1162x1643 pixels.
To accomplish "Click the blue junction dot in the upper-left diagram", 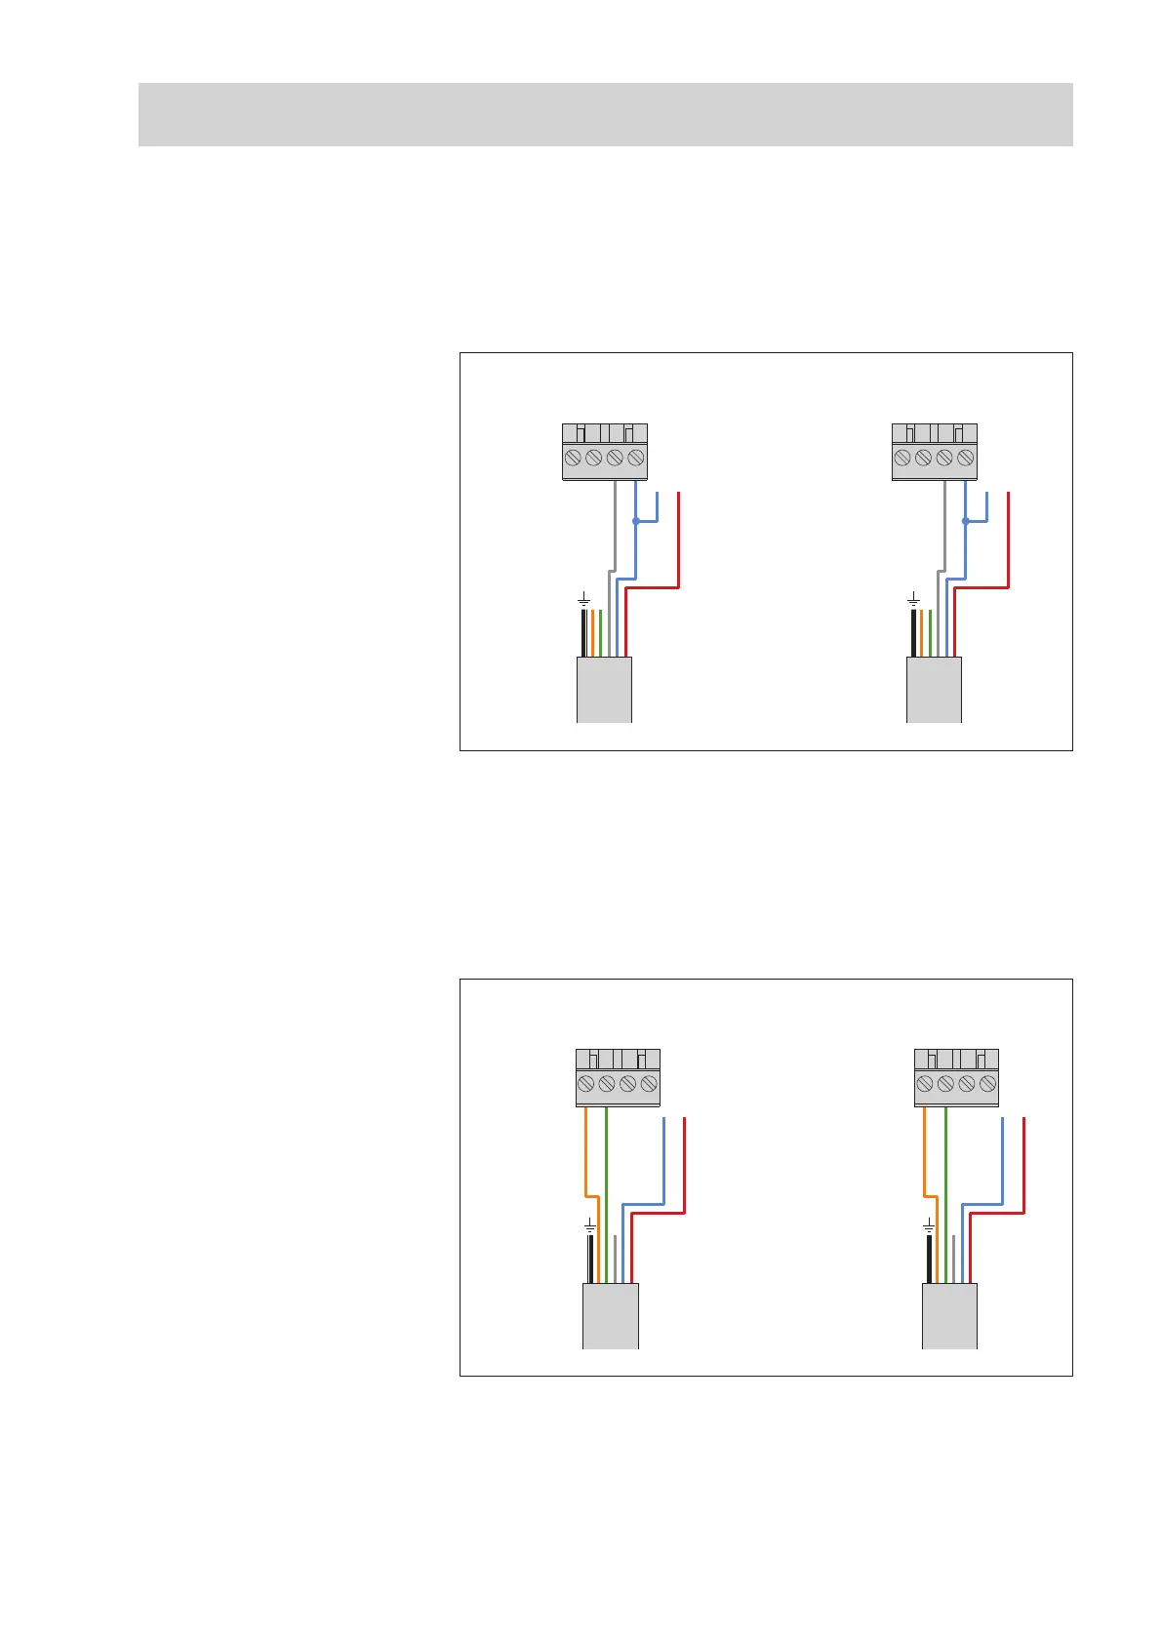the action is (635, 521).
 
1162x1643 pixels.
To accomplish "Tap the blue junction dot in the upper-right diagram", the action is (965, 521).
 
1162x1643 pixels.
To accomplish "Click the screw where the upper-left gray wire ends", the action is (615, 458).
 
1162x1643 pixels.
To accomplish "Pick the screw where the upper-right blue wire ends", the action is (966, 458).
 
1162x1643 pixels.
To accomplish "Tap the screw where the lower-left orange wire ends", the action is (585, 1084).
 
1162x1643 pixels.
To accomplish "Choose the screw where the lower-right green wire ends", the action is (945, 1084).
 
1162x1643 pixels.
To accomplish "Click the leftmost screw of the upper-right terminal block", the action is (902, 458).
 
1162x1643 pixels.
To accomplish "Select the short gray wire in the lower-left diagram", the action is (615, 1259).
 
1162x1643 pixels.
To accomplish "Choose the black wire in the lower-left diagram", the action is (590, 1259).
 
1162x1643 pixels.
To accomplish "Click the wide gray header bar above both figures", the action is (605, 114).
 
